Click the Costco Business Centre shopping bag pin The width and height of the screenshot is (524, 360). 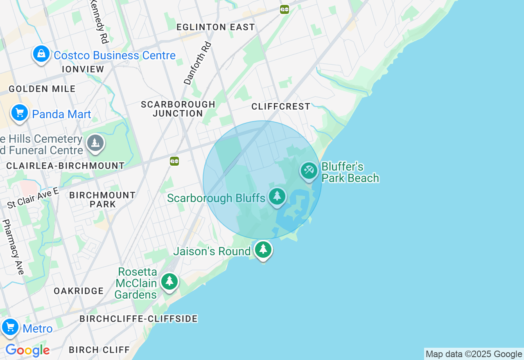pos(41,54)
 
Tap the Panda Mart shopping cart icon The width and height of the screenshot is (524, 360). pos(20,112)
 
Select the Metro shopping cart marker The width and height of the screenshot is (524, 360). pos(10,327)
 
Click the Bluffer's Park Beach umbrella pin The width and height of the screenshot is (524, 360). pos(309,170)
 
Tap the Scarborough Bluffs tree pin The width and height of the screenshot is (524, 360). pos(277,196)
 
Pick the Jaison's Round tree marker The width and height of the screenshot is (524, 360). pos(263,249)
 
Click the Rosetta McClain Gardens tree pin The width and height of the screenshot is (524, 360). pos(169,281)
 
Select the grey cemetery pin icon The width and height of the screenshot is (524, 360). pos(95,143)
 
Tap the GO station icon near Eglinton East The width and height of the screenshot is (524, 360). pos(285,10)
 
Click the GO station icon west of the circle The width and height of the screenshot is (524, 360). pos(174,161)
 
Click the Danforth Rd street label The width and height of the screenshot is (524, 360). pos(198,63)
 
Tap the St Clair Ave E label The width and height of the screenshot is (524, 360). pos(33,198)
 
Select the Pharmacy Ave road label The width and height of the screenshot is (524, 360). pos(14,247)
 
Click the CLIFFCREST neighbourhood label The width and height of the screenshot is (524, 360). pos(281,106)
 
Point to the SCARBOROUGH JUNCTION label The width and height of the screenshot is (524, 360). pos(178,109)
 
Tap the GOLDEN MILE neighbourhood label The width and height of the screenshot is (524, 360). pos(42,89)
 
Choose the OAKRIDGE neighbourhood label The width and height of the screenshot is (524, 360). pos(79,291)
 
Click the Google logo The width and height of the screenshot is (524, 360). pos(27,350)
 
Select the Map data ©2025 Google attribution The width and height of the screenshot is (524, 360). pos(474,354)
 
